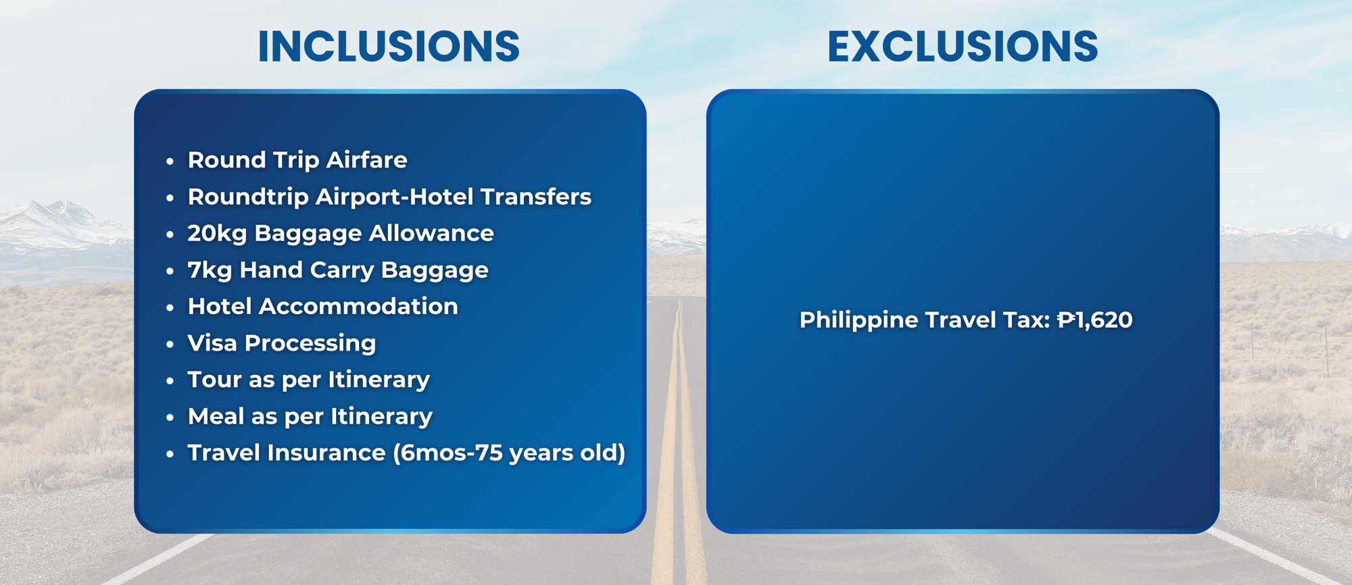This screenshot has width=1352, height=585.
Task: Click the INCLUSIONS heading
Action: click(x=389, y=47)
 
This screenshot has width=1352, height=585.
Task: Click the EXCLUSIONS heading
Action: click(x=963, y=47)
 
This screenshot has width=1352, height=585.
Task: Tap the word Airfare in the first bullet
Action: click(x=366, y=160)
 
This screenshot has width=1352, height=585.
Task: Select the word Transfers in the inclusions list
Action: click(x=536, y=197)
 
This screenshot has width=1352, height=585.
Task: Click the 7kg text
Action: click(x=210, y=270)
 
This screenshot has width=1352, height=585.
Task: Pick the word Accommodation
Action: click(x=358, y=307)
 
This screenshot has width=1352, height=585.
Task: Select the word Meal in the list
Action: click(x=216, y=416)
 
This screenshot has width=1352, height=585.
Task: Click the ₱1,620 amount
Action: click(x=1094, y=320)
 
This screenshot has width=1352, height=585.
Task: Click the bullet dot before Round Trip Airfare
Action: click(x=170, y=161)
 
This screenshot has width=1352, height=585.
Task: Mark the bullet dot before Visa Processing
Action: click(x=170, y=345)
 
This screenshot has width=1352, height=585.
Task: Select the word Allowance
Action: click(x=431, y=233)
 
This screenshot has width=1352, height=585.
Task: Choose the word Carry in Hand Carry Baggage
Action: click(x=341, y=270)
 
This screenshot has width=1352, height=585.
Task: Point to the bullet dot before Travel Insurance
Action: click(x=170, y=454)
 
